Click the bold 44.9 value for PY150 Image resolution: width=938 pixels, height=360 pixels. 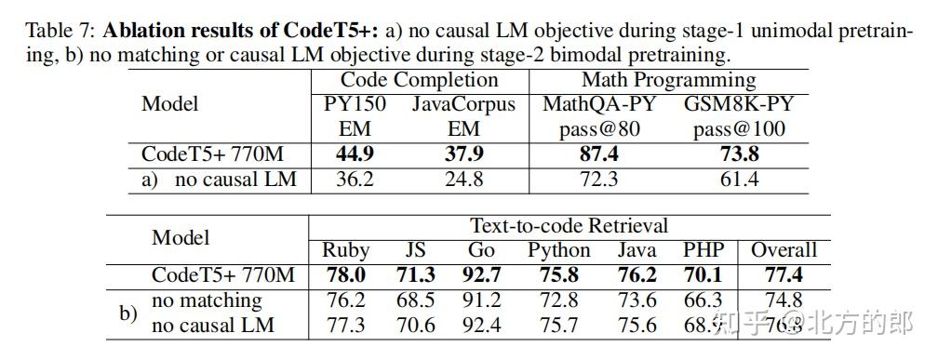[x=355, y=154]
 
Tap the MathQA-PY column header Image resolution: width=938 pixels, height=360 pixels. [x=598, y=104]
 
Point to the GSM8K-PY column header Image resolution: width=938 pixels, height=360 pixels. [x=739, y=104]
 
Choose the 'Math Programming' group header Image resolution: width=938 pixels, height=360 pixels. [x=668, y=80]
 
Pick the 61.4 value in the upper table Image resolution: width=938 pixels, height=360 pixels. [x=739, y=180]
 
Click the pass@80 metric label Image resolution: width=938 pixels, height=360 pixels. [x=598, y=129]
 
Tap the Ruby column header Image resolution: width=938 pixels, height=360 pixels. [x=345, y=250]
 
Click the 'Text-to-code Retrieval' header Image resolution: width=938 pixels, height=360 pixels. [x=569, y=226]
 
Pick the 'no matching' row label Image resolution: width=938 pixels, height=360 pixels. [x=207, y=300]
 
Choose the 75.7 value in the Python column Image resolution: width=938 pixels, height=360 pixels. [x=558, y=326]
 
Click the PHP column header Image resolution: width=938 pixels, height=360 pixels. [x=703, y=250]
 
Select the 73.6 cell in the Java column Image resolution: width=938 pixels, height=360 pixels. [x=636, y=300]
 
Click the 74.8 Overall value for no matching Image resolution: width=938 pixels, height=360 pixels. [x=784, y=300]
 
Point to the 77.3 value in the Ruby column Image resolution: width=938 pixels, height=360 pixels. [x=345, y=326]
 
